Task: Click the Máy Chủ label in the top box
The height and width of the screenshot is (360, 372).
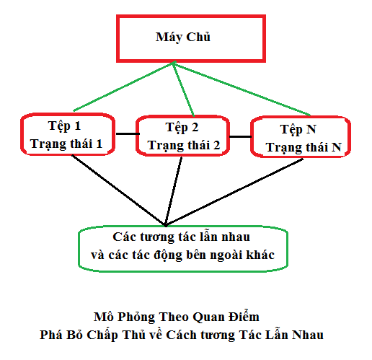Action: (x=183, y=38)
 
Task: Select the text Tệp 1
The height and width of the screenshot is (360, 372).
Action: (x=64, y=126)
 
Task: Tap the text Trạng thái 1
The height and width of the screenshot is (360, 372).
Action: (x=66, y=144)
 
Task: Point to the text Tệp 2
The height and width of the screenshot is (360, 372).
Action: (x=182, y=128)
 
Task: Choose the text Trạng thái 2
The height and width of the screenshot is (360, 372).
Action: (x=184, y=145)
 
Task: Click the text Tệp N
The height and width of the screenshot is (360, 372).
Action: (x=298, y=129)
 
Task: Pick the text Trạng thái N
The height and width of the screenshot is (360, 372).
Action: (x=304, y=147)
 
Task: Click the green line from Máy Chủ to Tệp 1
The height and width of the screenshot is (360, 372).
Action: (x=124, y=86)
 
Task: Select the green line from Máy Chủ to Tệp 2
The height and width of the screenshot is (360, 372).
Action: (x=183, y=89)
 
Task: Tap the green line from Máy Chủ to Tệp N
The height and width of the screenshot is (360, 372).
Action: (x=242, y=89)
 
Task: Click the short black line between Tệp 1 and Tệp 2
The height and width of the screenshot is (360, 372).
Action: (x=128, y=133)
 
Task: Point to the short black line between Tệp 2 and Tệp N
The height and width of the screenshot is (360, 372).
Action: (x=240, y=136)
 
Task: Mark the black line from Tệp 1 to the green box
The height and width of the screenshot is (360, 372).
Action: (x=118, y=190)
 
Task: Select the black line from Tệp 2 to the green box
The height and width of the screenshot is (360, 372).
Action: (x=173, y=191)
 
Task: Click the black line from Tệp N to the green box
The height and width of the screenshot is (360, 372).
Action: (x=234, y=192)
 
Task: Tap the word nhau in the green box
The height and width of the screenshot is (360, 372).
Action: (x=236, y=237)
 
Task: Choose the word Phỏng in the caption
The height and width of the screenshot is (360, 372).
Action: (x=136, y=317)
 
